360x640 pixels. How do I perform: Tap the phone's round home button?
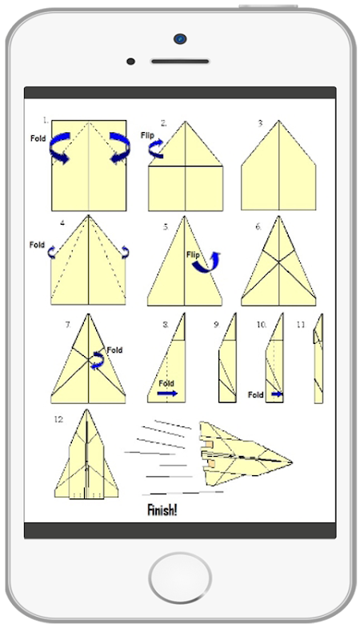pyautogui.click(x=180, y=578)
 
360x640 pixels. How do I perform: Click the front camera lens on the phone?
pyautogui.click(x=180, y=38)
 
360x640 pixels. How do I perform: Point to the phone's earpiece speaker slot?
pyautogui.click(x=180, y=62)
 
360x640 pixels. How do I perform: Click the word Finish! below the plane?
pyautogui.click(x=162, y=510)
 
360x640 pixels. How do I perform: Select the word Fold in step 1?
pyautogui.click(x=38, y=138)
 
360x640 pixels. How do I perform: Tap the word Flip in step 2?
pyautogui.click(x=147, y=135)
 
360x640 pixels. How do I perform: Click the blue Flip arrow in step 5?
pyautogui.click(x=207, y=262)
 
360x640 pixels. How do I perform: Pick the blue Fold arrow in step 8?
pyautogui.click(x=167, y=393)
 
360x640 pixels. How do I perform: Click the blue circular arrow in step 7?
pyautogui.click(x=98, y=361)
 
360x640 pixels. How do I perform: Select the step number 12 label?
pyautogui.click(x=58, y=419)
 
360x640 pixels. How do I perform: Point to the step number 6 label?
pyautogui.click(x=258, y=227)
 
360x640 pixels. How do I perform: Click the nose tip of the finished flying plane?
pyautogui.click(x=291, y=462)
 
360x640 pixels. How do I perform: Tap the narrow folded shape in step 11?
pyautogui.click(x=318, y=358)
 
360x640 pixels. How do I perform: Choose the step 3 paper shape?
pyautogui.click(x=278, y=166)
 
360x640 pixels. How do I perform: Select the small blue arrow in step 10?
pyautogui.click(x=278, y=394)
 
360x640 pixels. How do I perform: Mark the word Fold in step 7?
pyautogui.click(x=114, y=350)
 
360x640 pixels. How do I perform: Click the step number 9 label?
pyautogui.click(x=217, y=325)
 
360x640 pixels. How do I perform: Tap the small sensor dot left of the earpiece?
pyautogui.click(x=130, y=62)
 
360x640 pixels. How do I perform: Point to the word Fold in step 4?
pyautogui.click(x=37, y=245)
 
